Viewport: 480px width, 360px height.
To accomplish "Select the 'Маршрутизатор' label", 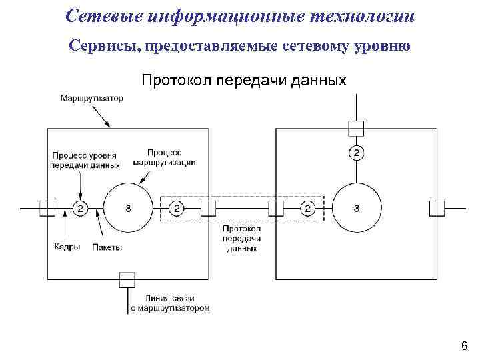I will coord(91,98).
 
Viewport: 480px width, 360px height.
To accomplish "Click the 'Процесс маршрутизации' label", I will coord(164,157).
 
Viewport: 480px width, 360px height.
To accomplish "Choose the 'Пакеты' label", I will coord(108,246).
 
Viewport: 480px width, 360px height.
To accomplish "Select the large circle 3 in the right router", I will coord(356,209).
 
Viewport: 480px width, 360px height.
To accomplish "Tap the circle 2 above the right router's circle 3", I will coord(356,153).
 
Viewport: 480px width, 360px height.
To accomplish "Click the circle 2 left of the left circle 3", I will coord(79,209).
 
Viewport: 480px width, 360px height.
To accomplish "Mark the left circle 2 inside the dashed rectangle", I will coord(177,209).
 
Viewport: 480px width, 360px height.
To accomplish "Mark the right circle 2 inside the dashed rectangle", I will coord(307,209).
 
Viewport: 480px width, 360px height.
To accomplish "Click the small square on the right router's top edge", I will coord(356,127).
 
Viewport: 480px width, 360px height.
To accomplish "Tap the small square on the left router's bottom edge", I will coord(127,279).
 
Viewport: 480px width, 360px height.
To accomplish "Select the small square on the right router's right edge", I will coord(437,209).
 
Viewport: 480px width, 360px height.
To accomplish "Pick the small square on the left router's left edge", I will coord(47,209).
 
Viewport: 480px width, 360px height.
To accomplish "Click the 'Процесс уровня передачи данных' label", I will coord(85,160).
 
